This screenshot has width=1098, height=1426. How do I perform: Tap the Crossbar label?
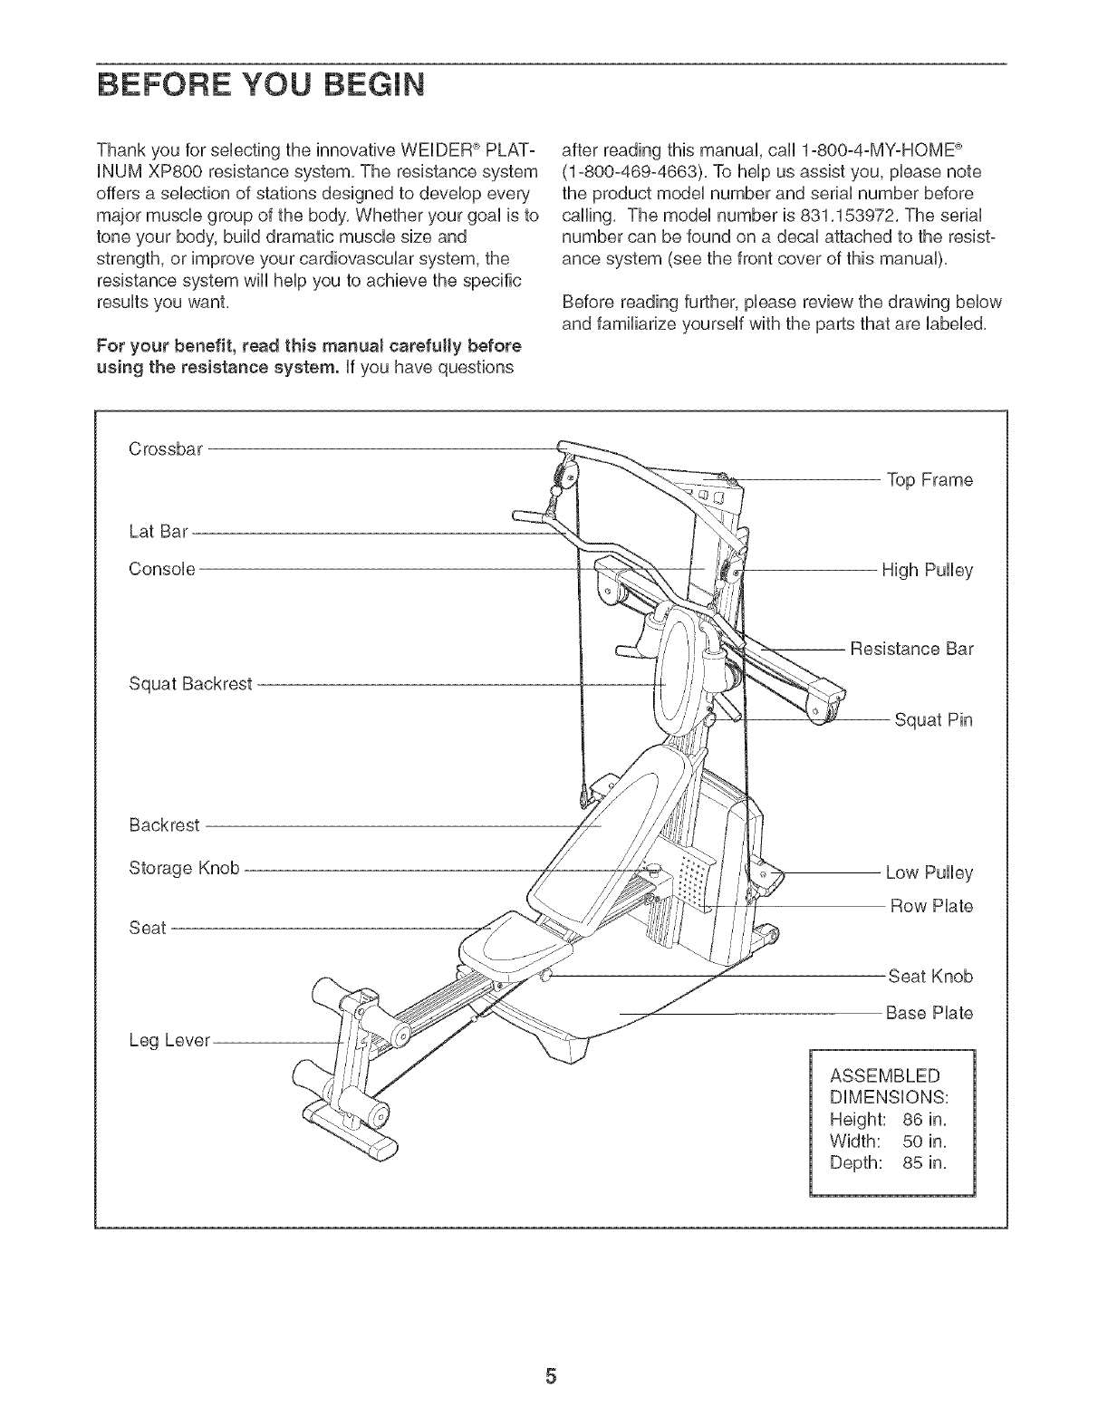coord(167,448)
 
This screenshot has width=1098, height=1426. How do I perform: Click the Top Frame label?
coord(929,480)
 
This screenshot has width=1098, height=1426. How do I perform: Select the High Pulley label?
coord(927,571)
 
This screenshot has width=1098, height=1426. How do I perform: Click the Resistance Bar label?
coord(911,650)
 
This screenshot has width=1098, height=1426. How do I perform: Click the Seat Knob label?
coord(929,977)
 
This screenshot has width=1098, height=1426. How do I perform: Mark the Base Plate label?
coord(929,1012)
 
